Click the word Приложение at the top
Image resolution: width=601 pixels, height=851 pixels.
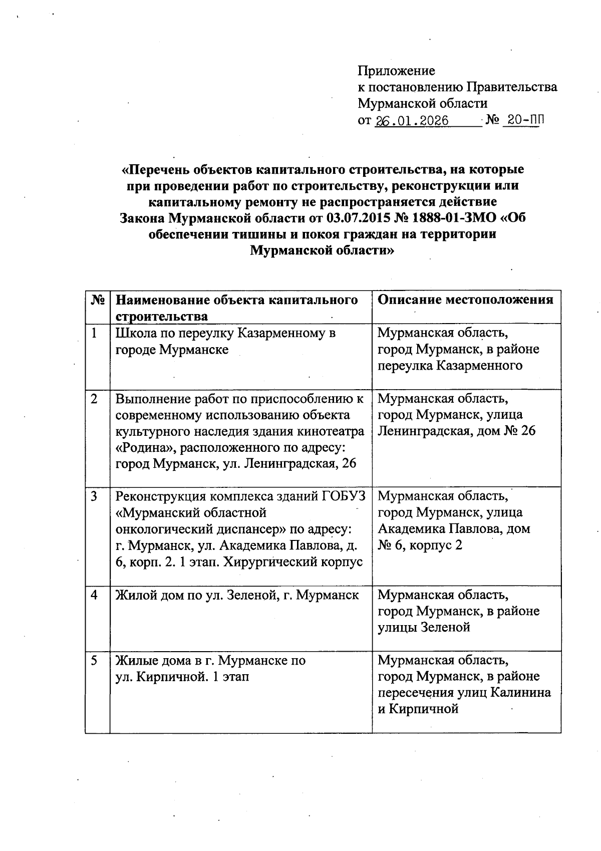pyautogui.click(x=396, y=71)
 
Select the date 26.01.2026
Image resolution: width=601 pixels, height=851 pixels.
pyautogui.click(x=412, y=121)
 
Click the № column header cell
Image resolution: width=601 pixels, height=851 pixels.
pyautogui.click(x=98, y=300)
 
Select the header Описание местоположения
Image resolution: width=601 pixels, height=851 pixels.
pyautogui.click(x=465, y=300)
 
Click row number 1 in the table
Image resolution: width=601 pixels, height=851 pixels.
pyautogui.click(x=94, y=333)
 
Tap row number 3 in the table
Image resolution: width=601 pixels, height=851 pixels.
pyautogui.click(x=94, y=496)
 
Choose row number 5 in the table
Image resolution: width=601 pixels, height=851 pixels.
pyautogui.click(x=94, y=661)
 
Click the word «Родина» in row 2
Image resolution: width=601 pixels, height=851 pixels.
pyautogui.click(x=138, y=447)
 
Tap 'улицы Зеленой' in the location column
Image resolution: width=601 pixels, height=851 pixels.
pyautogui.click(x=424, y=627)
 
